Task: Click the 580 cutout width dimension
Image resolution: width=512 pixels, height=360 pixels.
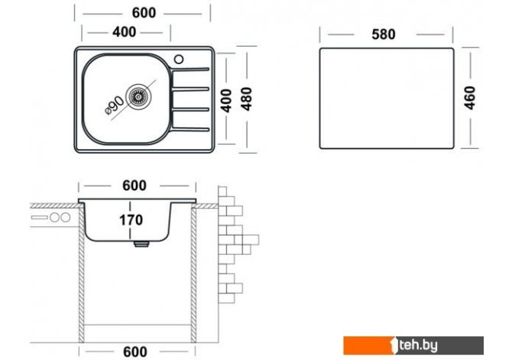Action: (384, 34)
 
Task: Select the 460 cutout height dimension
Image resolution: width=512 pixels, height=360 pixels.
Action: (469, 98)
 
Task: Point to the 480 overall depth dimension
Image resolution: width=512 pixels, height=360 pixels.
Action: (247, 99)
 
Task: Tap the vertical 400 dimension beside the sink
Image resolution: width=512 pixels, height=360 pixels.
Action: (225, 101)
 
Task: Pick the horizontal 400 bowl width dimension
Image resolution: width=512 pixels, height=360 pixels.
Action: (124, 32)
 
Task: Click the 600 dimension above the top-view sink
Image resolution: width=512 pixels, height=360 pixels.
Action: (144, 13)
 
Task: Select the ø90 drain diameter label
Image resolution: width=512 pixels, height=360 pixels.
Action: (115, 105)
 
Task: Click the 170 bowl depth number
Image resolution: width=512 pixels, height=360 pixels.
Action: (131, 220)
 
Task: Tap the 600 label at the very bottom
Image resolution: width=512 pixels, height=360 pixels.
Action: (134, 352)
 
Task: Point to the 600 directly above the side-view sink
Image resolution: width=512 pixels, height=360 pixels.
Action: (134, 186)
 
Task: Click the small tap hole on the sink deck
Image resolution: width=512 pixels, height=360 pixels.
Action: (179, 59)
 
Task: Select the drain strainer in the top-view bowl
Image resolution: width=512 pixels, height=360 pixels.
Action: (139, 96)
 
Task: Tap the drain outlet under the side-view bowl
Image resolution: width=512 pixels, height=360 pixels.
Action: (141, 244)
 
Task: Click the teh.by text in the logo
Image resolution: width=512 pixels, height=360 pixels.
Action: (418, 345)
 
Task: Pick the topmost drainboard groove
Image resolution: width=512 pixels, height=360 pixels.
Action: (190, 70)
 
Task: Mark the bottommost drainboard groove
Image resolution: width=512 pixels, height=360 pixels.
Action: (190, 129)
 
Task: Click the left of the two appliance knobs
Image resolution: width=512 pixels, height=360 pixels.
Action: (55, 217)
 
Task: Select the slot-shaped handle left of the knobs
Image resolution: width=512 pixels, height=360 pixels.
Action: (39, 217)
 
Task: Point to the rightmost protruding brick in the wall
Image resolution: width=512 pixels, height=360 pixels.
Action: (251, 240)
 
